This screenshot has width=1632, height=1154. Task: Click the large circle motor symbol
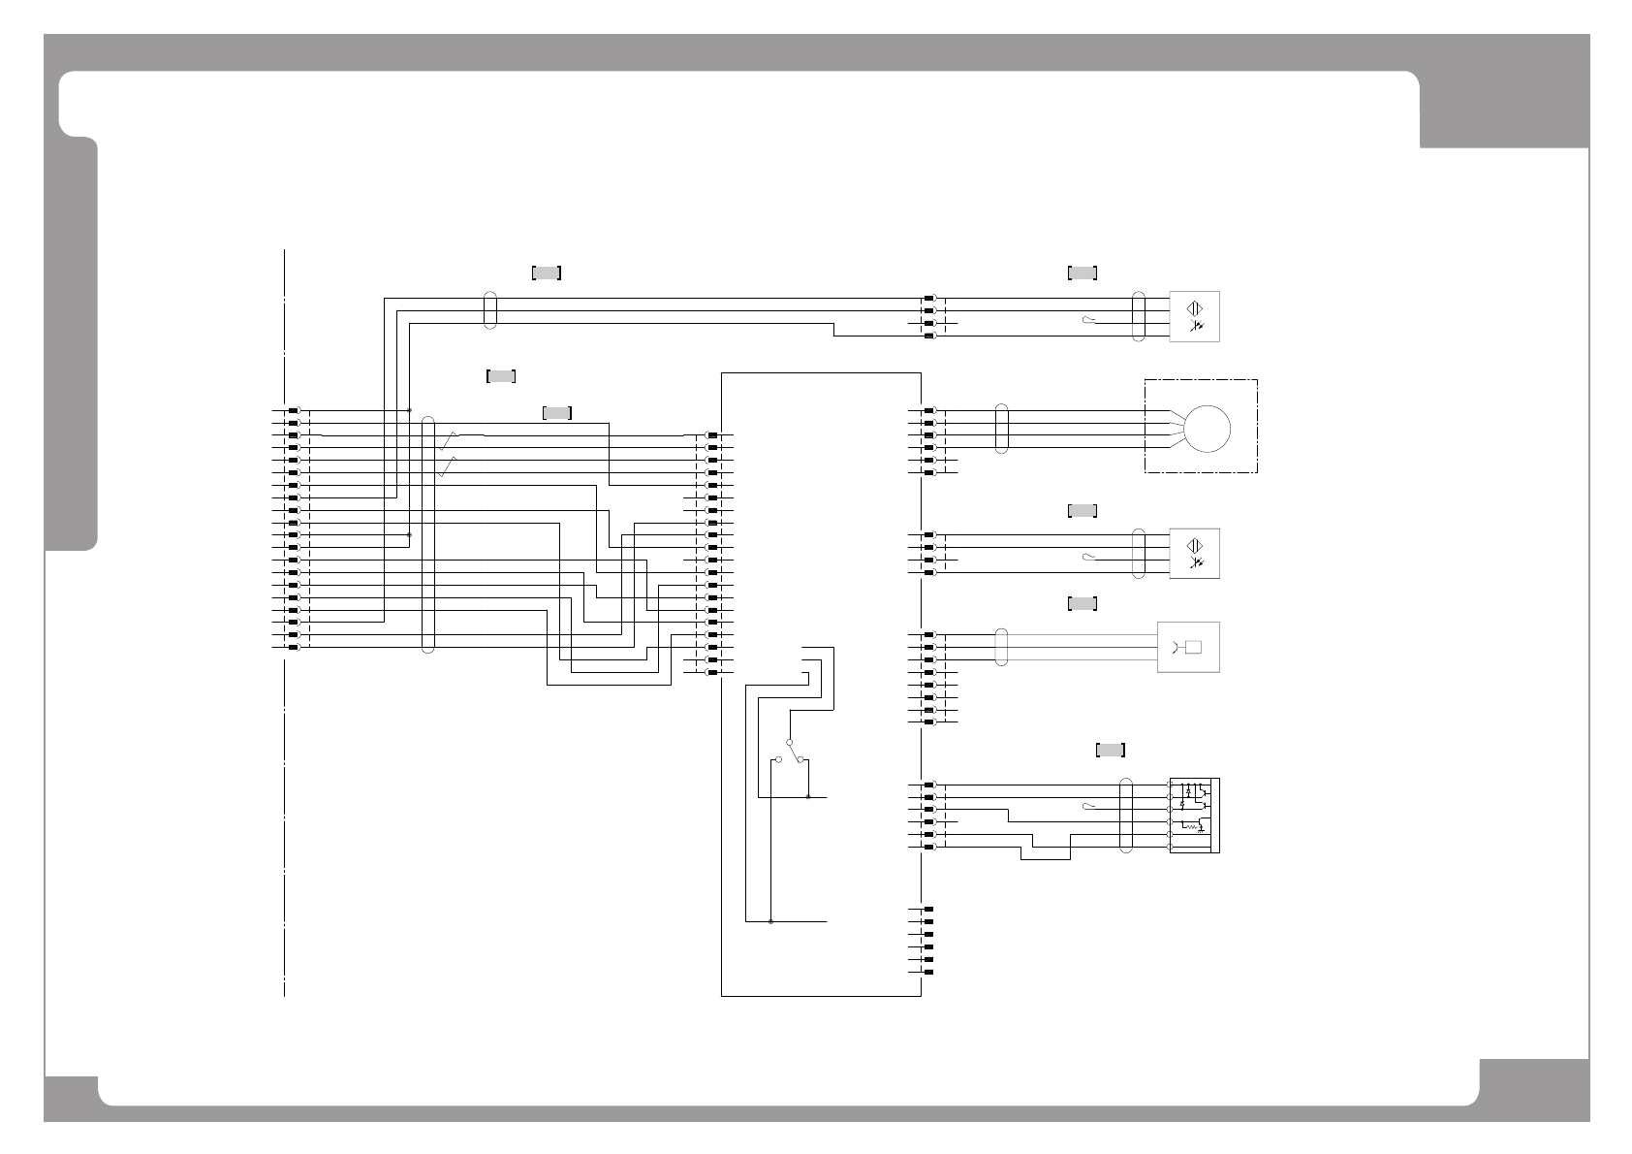(x=1208, y=428)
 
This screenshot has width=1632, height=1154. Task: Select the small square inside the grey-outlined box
(x=1193, y=647)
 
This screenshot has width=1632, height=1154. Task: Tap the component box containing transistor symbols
(x=1194, y=816)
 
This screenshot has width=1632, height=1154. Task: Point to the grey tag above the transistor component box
(x=1110, y=750)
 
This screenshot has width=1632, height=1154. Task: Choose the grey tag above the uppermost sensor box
(x=1082, y=272)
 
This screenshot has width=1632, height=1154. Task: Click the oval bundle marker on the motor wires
(x=1002, y=429)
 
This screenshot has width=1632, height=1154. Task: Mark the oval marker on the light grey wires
(x=1002, y=647)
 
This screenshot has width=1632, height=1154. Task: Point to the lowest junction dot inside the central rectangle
(x=770, y=921)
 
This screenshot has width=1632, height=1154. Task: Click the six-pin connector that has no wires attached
(x=928, y=940)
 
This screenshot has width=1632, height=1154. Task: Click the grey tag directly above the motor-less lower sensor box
(x=1082, y=510)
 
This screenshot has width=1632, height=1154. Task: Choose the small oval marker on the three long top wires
(x=490, y=310)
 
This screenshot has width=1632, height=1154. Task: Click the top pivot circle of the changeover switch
(x=791, y=743)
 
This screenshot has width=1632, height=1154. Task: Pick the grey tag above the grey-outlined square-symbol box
(x=1082, y=604)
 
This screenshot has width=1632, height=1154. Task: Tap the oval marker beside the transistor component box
(x=1126, y=816)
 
